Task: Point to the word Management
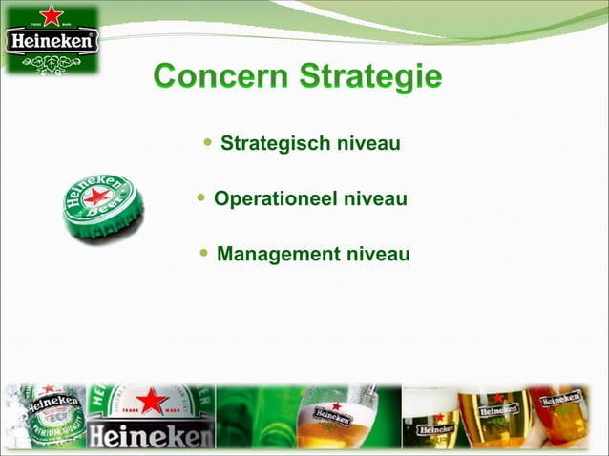click(x=278, y=255)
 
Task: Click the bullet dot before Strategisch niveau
click(x=208, y=144)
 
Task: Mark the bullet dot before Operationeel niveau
click(x=201, y=199)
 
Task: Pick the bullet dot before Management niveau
click(x=205, y=254)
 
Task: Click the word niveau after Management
click(x=377, y=255)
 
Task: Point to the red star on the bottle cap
click(x=97, y=197)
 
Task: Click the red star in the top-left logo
click(x=52, y=14)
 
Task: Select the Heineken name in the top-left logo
click(x=52, y=42)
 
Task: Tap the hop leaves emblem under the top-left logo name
click(x=52, y=62)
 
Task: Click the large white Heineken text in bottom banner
click(x=151, y=437)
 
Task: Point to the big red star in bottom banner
click(x=152, y=401)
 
